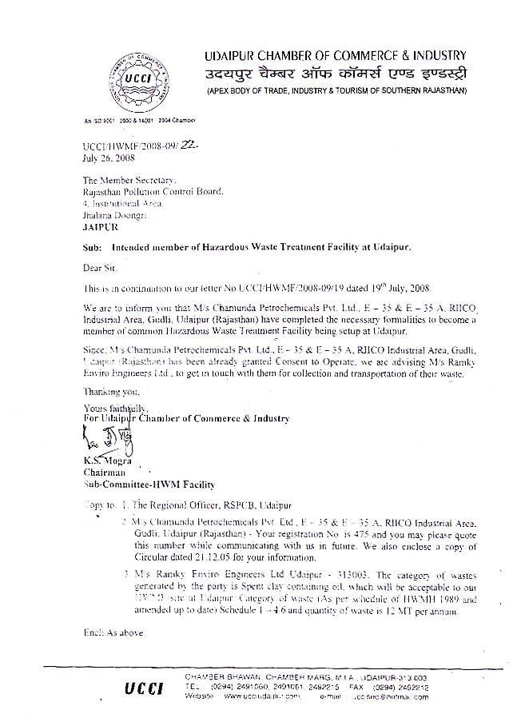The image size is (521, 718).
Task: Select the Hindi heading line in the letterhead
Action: pos(335,74)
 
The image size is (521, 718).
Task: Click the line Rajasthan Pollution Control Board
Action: pos(153,192)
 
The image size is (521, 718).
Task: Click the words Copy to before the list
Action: pos(98,505)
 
